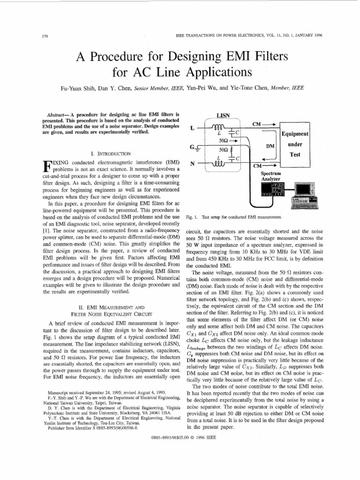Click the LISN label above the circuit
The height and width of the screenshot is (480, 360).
point(223,115)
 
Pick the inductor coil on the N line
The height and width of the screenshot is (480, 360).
point(219,163)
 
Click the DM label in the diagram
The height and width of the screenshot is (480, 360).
point(270,146)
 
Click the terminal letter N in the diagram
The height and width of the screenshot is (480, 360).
point(192,164)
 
